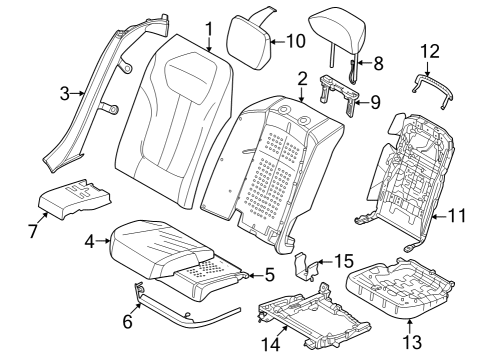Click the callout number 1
click(x=208, y=27)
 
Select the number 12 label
click(x=429, y=50)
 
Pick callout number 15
click(x=343, y=261)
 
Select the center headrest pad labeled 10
click(x=246, y=36)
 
